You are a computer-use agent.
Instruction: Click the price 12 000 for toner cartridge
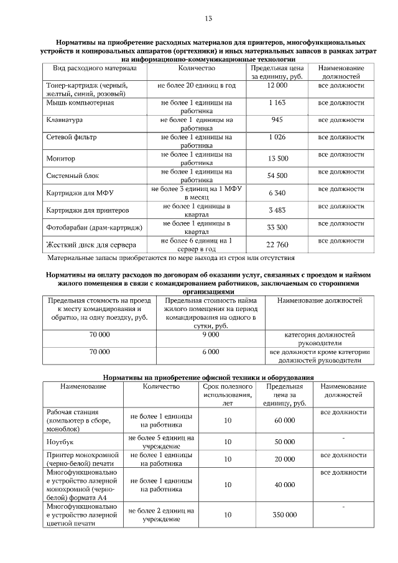click(277, 85)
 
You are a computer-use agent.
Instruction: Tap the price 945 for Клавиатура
click(277, 119)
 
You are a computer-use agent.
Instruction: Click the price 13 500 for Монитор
click(277, 159)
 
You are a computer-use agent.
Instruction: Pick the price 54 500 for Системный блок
click(277, 176)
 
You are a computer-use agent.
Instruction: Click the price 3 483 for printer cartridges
click(277, 210)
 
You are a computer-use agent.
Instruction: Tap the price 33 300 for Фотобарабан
click(277, 228)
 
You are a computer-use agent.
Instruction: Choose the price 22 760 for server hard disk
click(277, 244)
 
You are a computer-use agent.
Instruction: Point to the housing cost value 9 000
click(211, 335)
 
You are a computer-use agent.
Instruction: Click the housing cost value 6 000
click(211, 351)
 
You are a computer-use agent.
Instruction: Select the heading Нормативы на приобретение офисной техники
click(208, 378)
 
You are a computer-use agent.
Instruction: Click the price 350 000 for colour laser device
click(285, 515)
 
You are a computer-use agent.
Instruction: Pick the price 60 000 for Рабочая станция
click(285, 421)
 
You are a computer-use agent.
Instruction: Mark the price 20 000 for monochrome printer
click(285, 459)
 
